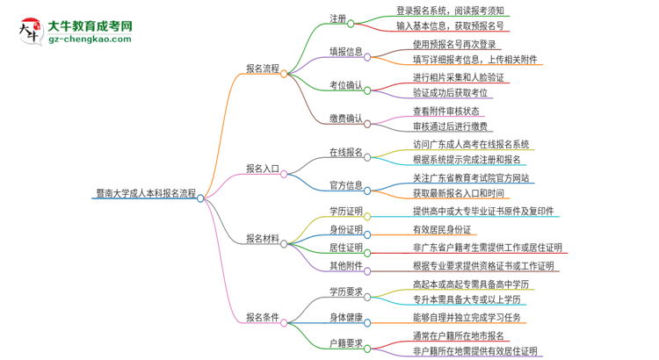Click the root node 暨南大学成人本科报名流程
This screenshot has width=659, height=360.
pyautogui.click(x=143, y=198)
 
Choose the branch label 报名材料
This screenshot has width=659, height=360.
pyautogui.click(x=264, y=238)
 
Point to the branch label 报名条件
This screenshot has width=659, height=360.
pyautogui.click(x=264, y=317)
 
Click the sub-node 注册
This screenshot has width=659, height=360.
pyautogui.click(x=337, y=18)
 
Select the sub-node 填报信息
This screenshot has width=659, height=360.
pyautogui.click(x=345, y=51)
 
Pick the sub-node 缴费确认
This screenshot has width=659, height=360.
pyautogui.click(x=345, y=119)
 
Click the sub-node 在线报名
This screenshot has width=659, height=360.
pyautogui.click(x=345, y=152)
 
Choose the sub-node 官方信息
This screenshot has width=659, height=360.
pyautogui.click(x=345, y=185)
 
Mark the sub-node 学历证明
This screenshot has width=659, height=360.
pyautogui.click(x=345, y=212)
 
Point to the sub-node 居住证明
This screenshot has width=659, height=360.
pyautogui.click(x=345, y=248)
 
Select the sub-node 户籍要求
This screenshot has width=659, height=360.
pyautogui.click(x=345, y=343)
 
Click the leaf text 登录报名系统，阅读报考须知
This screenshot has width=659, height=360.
pyautogui.click(x=450, y=11)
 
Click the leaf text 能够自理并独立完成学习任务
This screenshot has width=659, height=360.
pyautogui.click(x=471, y=317)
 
